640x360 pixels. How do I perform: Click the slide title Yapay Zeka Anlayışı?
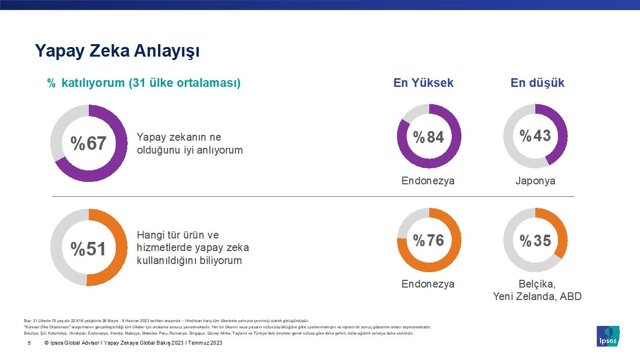117,51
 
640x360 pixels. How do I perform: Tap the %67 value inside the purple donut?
89,143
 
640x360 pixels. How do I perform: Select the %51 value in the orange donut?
89,249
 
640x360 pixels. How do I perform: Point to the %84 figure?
429,137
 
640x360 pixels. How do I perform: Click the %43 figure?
535,136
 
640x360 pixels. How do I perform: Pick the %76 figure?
429,240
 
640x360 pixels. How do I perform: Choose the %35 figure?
535,240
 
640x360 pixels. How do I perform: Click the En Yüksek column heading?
423,83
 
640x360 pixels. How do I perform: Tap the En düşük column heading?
537,83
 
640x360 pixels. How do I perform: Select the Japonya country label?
535,181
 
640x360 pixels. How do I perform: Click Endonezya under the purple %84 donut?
428,181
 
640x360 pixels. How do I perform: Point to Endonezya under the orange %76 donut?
428,284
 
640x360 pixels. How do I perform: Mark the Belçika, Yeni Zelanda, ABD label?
537,290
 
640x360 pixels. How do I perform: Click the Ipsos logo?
607,336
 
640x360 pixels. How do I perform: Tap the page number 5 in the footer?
29,343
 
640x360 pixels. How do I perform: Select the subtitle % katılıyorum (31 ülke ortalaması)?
144,83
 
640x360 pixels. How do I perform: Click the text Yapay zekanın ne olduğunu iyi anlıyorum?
190,144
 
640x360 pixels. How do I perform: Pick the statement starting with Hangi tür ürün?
193,248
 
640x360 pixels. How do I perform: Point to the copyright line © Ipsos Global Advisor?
133,343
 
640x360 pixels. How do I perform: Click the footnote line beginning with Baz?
166,321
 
